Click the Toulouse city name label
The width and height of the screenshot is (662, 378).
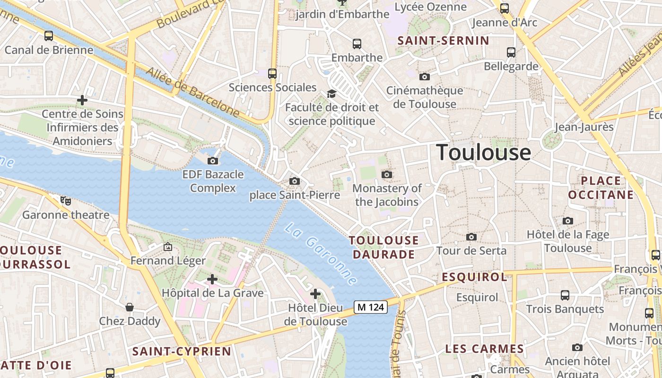coord(483,153)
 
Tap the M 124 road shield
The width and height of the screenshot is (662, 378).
coord(371,307)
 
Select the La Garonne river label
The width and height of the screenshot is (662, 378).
coord(320,254)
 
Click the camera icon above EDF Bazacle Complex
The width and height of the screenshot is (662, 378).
coord(213,161)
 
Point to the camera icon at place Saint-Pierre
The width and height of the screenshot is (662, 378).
coord(294,181)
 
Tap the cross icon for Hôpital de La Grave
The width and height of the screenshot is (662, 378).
coord(212,279)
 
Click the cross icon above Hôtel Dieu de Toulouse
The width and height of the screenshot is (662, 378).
coord(315,294)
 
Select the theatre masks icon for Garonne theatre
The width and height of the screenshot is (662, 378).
coord(66,201)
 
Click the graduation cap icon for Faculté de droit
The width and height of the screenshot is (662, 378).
coord(331,94)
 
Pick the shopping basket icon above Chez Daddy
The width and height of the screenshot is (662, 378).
coord(129,307)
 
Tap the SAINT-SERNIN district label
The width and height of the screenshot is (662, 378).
coord(443,41)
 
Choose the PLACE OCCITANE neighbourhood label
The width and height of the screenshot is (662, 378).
coord(601,188)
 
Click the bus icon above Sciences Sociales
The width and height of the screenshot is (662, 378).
coord(272,73)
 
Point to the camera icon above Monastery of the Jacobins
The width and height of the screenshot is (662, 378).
coord(387,174)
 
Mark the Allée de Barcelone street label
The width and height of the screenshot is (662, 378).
coord(192,91)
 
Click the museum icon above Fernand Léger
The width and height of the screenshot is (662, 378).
coord(167,247)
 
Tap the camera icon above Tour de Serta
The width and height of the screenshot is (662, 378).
coord(471,237)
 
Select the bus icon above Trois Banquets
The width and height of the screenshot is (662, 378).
coord(565,295)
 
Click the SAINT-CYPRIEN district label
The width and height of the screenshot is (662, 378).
coord(182,351)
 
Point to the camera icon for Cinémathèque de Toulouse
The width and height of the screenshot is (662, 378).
coord(424,76)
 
